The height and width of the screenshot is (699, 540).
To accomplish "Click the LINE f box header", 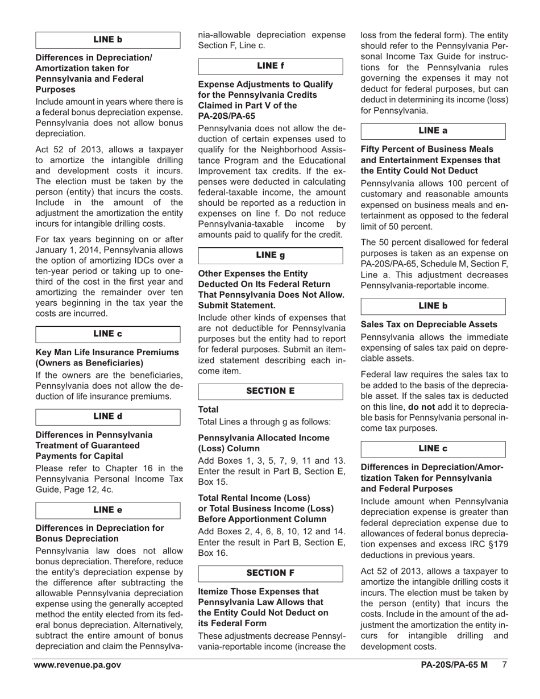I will point(271,66).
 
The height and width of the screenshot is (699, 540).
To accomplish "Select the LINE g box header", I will point(271,256).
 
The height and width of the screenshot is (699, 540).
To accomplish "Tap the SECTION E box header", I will point(271,392).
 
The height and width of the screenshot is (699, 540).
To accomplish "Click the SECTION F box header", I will point(271,573).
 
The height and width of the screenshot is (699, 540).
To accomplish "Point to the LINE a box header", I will point(433,131).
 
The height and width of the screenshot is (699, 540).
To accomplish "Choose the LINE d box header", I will point(108,417).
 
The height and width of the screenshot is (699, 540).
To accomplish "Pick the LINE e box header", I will point(108,510).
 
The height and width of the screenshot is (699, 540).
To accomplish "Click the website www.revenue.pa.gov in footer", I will point(77,665).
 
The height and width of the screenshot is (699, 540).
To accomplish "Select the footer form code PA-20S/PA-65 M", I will point(454,665).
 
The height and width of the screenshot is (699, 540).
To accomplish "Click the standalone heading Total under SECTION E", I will point(208,410).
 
